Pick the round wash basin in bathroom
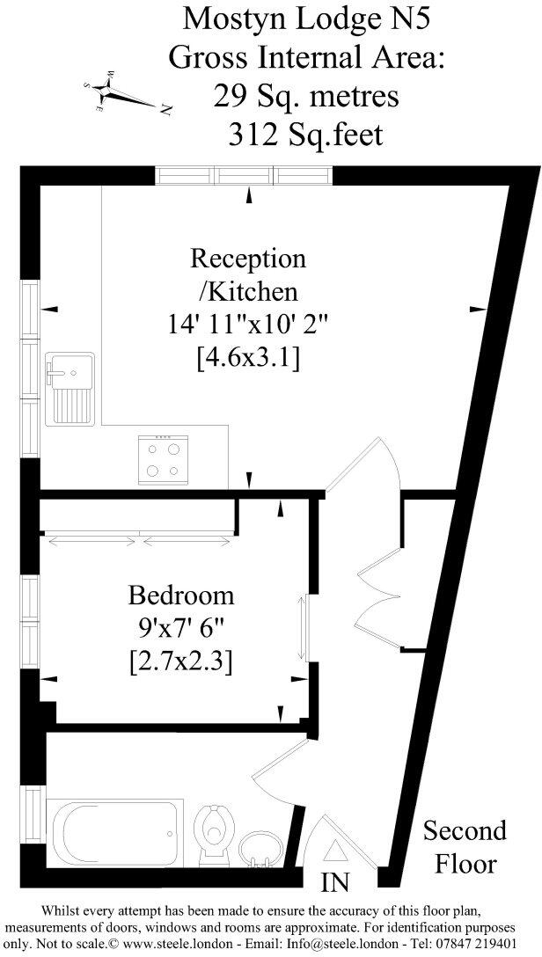pyautogui.click(x=260, y=849)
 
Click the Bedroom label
pyautogui.click(x=181, y=595)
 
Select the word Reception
pyautogui.click(x=249, y=259)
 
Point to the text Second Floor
pyautogui.click(x=465, y=845)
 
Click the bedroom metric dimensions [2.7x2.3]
pyautogui.click(x=180, y=660)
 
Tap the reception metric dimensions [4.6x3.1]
pyautogui.click(x=248, y=357)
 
